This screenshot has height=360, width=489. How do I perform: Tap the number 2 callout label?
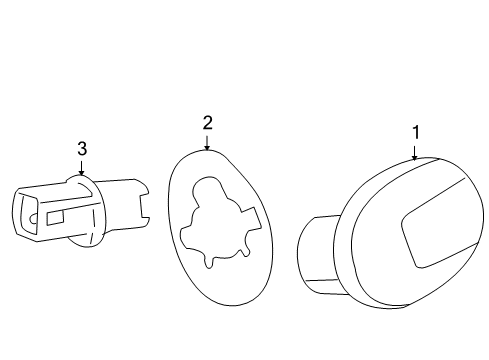(x=207, y=123)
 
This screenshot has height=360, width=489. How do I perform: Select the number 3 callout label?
(x=82, y=148)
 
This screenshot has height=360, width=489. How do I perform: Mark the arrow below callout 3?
(x=82, y=169)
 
